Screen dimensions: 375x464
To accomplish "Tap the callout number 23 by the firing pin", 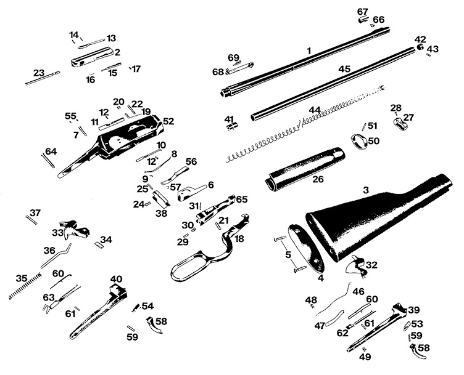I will point(39,73).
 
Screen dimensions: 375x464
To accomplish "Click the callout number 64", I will point(51,151).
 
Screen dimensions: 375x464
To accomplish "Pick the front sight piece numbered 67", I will point(363,19).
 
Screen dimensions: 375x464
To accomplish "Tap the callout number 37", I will point(35,212).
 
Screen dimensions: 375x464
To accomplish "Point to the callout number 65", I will point(241,199).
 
